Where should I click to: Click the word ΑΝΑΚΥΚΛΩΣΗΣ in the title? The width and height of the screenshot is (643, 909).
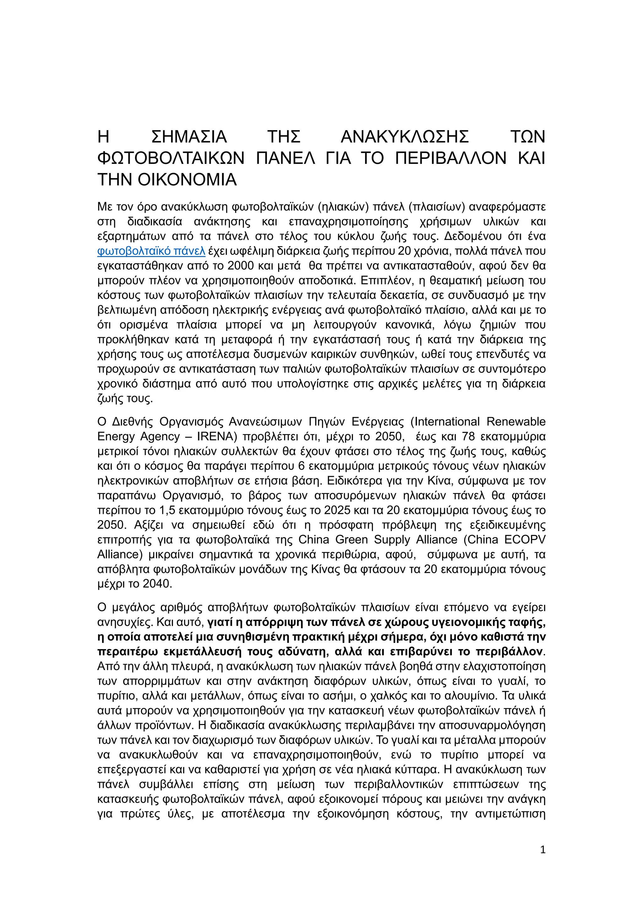(x=404, y=137)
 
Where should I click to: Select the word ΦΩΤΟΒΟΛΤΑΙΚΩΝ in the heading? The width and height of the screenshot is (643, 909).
(x=171, y=159)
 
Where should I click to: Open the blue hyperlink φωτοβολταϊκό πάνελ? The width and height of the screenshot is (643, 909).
(x=151, y=251)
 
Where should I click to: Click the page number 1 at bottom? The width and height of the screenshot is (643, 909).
(x=543, y=850)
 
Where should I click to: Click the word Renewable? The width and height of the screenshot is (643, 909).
(x=516, y=422)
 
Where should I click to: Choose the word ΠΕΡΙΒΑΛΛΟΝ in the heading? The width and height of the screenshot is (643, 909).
(x=451, y=159)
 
